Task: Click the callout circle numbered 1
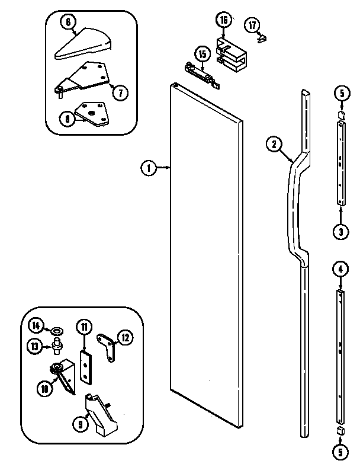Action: click(x=148, y=168)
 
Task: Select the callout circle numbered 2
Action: click(x=273, y=143)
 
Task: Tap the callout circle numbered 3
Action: click(x=340, y=232)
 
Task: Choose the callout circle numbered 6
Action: click(x=68, y=21)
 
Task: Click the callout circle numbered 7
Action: click(x=120, y=92)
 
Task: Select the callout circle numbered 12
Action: click(x=126, y=337)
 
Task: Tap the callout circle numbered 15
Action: click(x=202, y=55)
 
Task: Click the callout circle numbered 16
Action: click(x=224, y=21)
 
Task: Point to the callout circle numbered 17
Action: click(x=252, y=25)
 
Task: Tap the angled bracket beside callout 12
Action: click(x=107, y=345)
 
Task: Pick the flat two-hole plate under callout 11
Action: click(x=86, y=367)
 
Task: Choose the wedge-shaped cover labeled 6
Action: click(x=83, y=45)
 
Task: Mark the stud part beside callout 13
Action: click(x=57, y=346)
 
